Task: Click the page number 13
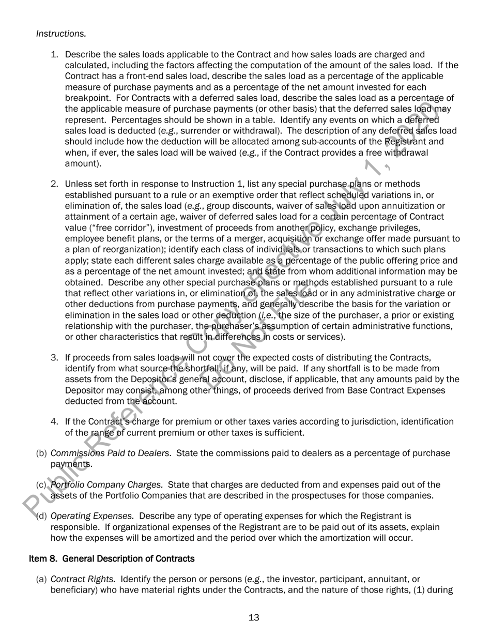[254, 617]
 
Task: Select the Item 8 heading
[112, 558]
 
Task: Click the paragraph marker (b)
[41, 453]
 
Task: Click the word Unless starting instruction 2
[78, 184]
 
